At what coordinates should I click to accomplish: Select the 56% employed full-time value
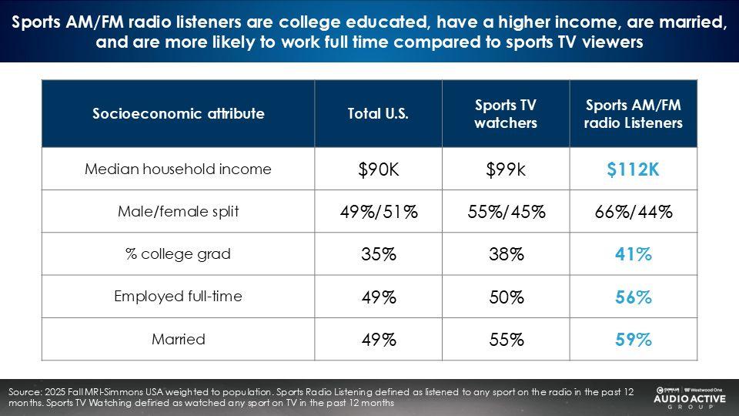(x=633, y=297)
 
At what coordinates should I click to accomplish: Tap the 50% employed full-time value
(x=505, y=297)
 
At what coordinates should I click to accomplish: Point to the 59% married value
(x=633, y=340)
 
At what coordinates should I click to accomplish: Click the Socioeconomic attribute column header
(x=179, y=114)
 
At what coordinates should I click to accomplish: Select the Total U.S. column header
(x=378, y=114)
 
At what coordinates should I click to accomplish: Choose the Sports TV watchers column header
(x=505, y=114)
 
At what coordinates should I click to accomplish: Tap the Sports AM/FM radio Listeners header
(x=633, y=114)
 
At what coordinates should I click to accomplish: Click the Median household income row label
(x=179, y=169)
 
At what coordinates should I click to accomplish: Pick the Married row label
(x=179, y=339)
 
